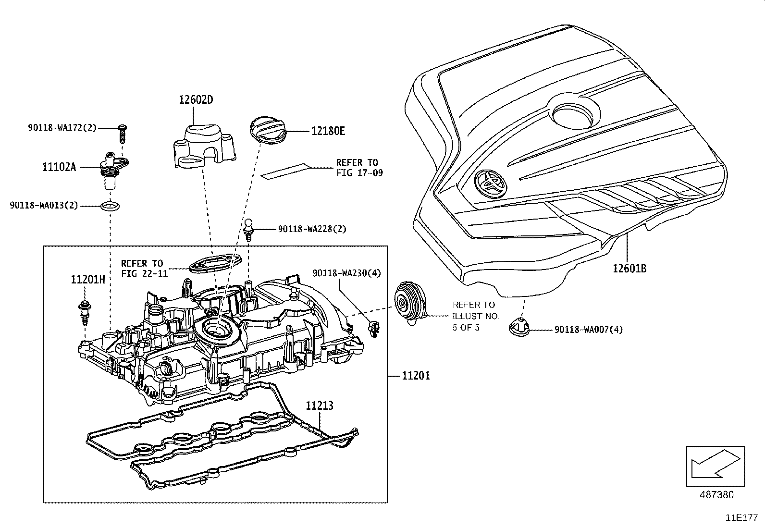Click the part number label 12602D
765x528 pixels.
coord(196,100)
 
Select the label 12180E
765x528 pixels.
coord(328,131)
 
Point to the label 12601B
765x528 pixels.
coord(629,268)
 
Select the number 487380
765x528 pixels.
coord(716,494)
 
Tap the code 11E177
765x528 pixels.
coord(741,518)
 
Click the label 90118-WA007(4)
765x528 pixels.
coord(589,330)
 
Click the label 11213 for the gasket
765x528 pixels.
coord(320,406)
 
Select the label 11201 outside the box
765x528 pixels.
coord(416,375)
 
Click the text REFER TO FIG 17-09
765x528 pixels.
coord(359,168)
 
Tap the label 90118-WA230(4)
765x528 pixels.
coord(346,273)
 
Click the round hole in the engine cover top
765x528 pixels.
coord(576,113)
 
